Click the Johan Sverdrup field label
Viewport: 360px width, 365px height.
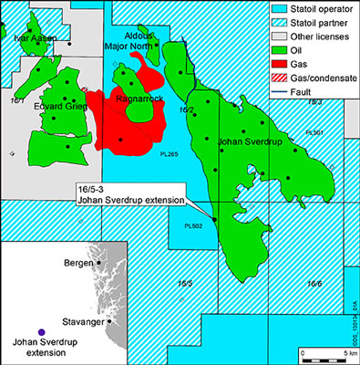click(x=249, y=142)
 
